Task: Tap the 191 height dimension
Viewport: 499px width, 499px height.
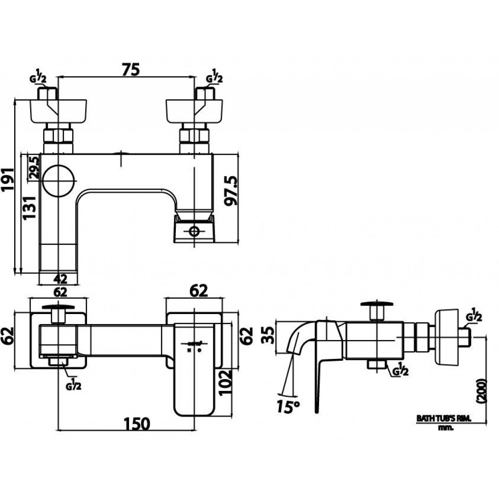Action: pyautogui.click(x=8, y=183)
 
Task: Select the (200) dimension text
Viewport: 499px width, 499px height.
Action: pyautogui.click(x=480, y=391)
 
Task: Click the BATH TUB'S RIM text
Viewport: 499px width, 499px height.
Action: pyautogui.click(x=443, y=418)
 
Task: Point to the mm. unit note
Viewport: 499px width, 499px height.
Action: pyautogui.click(x=445, y=428)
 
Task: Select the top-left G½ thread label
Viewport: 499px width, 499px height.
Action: pyautogui.click(x=38, y=78)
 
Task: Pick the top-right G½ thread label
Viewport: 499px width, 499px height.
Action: pyautogui.click(x=214, y=78)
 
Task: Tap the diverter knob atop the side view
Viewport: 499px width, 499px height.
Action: pyautogui.click(x=376, y=303)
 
